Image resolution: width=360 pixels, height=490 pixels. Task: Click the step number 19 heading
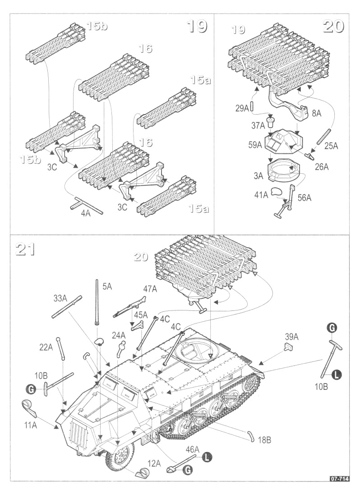tap(197, 26)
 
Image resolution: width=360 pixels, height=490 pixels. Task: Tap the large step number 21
tap(25, 249)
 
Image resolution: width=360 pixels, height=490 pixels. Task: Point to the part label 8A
tap(317, 113)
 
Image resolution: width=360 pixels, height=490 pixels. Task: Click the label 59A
tap(255, 145)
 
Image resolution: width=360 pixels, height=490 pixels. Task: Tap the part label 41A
tap(261, 195)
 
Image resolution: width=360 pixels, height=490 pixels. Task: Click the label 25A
tap(331, 146)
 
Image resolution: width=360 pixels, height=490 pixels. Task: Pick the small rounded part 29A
tap(252, 107)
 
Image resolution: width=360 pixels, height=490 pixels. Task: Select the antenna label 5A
tap(107, 286)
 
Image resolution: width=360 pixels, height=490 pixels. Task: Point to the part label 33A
tap(60, 298)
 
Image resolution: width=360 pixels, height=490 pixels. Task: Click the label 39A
tap(291, 337)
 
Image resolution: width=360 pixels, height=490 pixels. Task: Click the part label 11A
tap(30, 425)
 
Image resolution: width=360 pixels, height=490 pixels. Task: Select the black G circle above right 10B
tap(332, 328)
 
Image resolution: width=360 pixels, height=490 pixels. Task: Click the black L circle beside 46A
tap(206, 458)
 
